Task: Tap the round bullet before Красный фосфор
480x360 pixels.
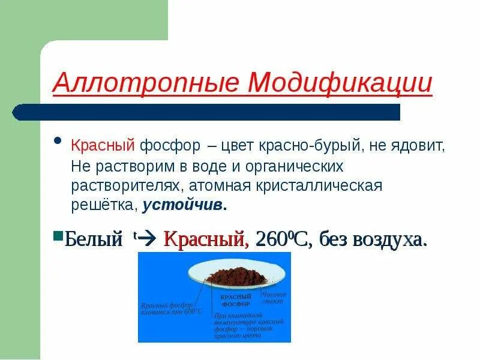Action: [58, 142]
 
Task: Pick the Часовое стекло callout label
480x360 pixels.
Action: [275, 298]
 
